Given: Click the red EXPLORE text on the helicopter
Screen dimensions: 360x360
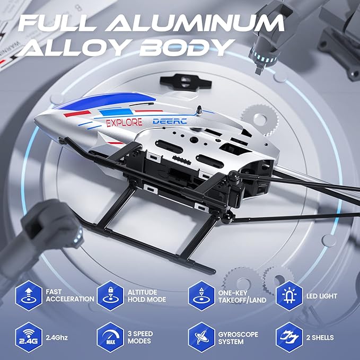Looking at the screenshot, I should coord(124,122).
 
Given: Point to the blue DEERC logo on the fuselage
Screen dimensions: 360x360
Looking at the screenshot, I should coord(170,121).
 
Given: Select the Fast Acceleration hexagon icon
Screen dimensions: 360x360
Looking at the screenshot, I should coord(29,295).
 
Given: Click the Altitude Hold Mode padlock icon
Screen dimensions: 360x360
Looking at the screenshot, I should coord(111,295).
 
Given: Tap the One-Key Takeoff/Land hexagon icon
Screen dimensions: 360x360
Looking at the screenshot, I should coord(201,295).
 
